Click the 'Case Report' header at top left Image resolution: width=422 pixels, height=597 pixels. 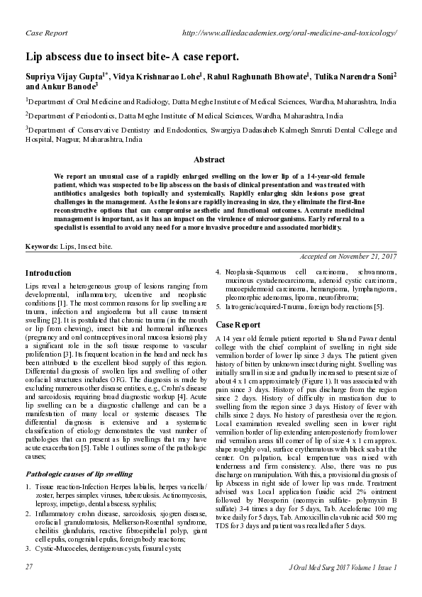tap(46, 33)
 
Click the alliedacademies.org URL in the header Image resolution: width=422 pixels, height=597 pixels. tap(289, 33)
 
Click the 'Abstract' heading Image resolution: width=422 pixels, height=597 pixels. tap(210, 160)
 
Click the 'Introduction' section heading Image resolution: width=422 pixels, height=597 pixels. tap(48, 273)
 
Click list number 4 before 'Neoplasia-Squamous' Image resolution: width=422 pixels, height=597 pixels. tap(218, 272)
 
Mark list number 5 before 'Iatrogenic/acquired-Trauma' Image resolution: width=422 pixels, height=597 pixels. tap(218, 306)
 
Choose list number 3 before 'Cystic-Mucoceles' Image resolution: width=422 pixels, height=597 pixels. tap(28, 548)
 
